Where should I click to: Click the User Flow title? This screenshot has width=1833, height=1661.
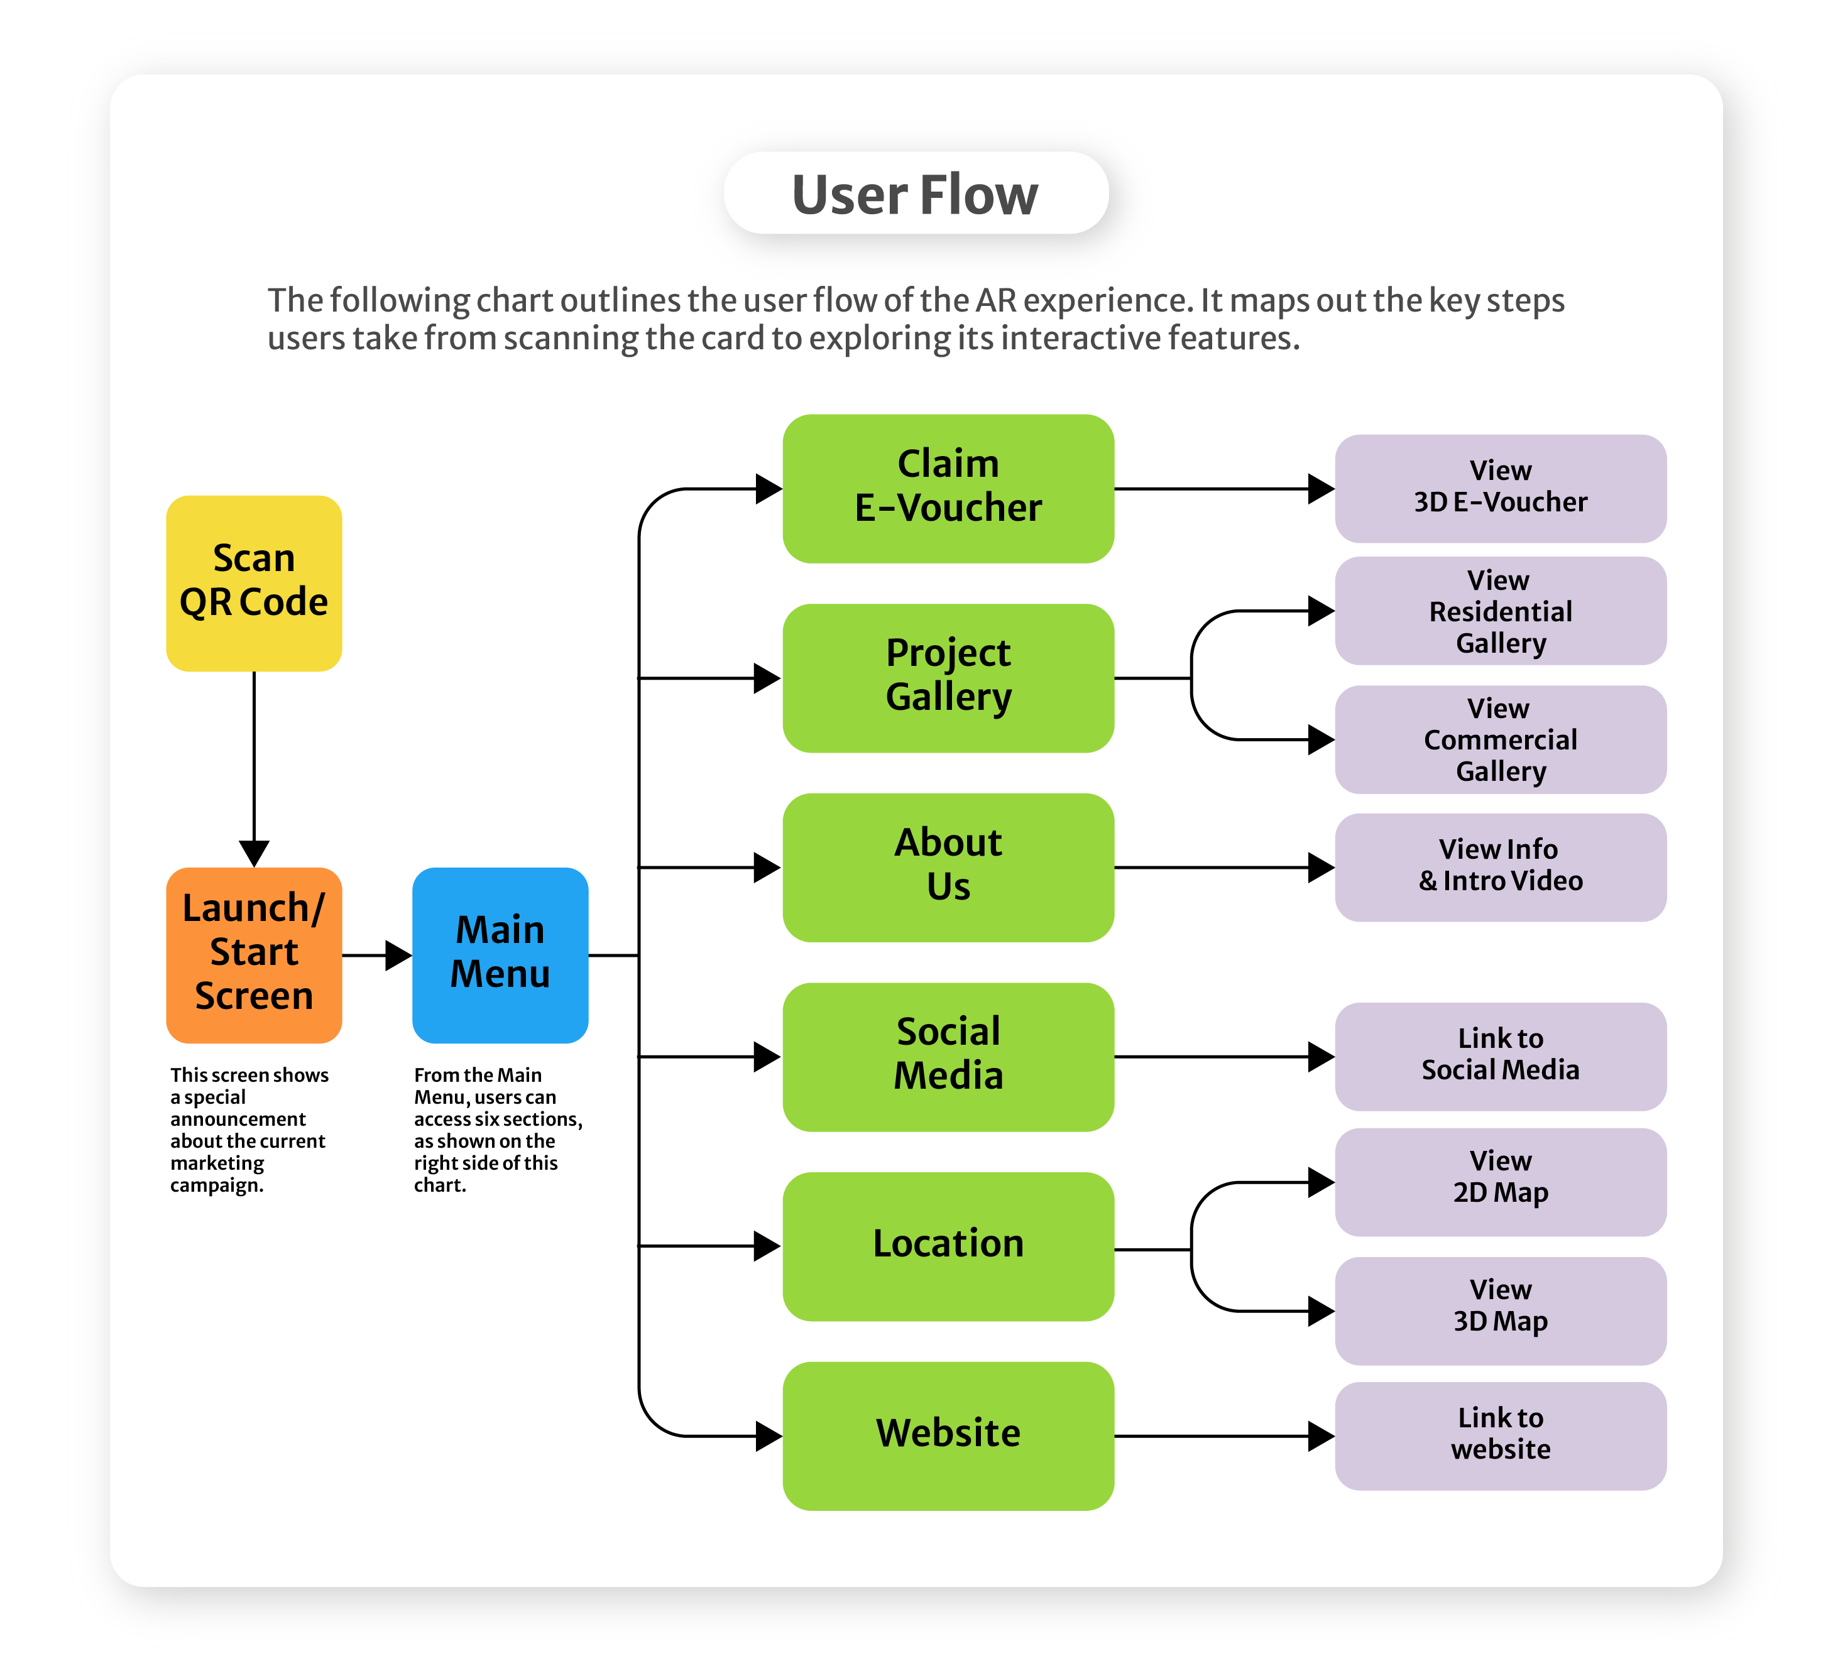[x=915, y=193]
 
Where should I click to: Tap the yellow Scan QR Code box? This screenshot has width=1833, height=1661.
[x=254, y=583]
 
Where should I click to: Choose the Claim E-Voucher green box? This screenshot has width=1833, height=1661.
[x=948, y=488]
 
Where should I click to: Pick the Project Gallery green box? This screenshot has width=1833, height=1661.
[x=948, y=677]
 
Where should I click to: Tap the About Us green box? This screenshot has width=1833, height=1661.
[x=948, y=866]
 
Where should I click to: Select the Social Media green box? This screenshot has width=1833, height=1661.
[x=948, y=1055]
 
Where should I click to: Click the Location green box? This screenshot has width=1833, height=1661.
[x=948, y=1244]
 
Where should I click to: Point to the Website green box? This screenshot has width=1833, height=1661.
[x=948, y=1435]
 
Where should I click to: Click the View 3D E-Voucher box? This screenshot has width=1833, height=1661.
[x=1499, y=488]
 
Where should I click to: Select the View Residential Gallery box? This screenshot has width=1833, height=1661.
[x=1499, y=611]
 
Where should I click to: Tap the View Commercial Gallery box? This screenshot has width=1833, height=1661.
[x=1499, y=739]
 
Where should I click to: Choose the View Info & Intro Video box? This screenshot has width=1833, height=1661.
[x=1499, y=866]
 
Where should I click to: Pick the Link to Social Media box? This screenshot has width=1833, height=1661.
[x=1499, y=1055]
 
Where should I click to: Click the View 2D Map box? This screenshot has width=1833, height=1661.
[x=1499, y=1181]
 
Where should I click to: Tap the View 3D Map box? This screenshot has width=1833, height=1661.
[x=1499, y=1310]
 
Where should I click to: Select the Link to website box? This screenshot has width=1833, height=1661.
[x=1499, y=1435]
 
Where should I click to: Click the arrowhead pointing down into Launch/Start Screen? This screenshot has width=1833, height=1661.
[x=254, y=852]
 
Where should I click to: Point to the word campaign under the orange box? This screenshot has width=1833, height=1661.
[x=216, y=1185]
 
